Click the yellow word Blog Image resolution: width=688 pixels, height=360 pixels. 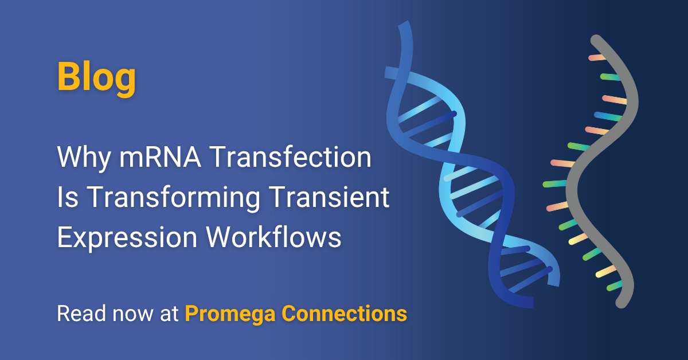(96, 77)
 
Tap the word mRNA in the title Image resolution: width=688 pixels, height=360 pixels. (160, 157)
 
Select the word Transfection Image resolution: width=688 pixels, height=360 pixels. (291, 156)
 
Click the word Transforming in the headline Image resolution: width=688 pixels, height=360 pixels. (173, 198)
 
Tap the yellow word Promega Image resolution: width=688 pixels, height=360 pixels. (230, 315)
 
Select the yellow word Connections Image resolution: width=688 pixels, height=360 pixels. (345, 314)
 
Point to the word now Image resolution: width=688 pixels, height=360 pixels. (132, 315)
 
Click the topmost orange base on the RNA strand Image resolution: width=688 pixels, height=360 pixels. (597, 57)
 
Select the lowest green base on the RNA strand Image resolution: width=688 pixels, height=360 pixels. (614, 286)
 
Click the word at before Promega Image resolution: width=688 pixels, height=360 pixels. (169, 314)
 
